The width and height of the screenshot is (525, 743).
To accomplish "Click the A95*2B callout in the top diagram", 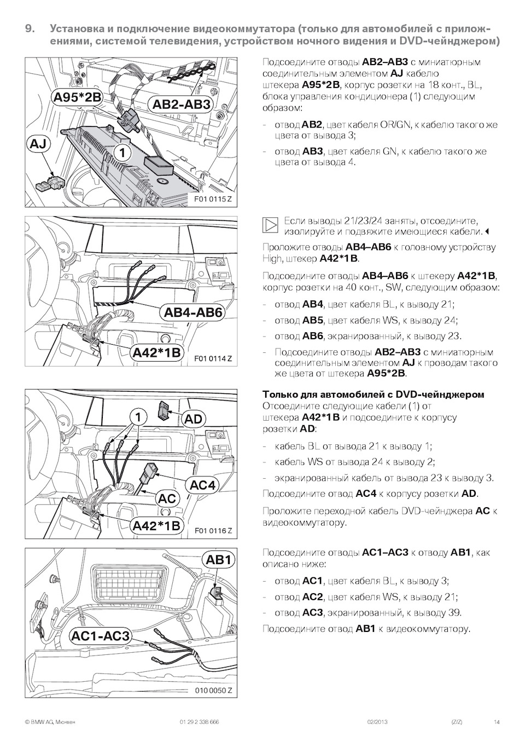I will pyautogui.click(x=77, y=97).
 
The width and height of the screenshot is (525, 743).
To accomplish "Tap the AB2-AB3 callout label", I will pyautogui.click(x=182, y=105).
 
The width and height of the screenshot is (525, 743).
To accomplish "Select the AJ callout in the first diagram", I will pyautogui.click(x=38, y=144).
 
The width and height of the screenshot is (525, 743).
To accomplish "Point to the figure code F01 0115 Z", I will pyautogui.click(x=213, y=199).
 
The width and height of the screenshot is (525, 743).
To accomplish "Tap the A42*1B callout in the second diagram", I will pyautogui.click(x=157, y=353).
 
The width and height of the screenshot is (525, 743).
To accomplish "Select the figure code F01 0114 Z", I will pyautogui.click(x=213, y=358).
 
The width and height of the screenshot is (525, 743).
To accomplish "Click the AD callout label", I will pyautogui.click(x=193, y=419).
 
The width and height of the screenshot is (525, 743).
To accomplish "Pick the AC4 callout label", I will pyautogui.click(x=202, y=485).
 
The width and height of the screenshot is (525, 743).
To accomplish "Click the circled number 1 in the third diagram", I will pyautogui.click(x=138, y=417).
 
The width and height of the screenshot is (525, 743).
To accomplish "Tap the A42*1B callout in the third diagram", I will pyautogui.click(x=156, y=526).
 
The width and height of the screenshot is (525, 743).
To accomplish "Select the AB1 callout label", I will pyautogui.click(x=219, y=560).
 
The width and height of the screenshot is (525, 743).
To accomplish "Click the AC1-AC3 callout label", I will pyautogui.click(x=101, y=636).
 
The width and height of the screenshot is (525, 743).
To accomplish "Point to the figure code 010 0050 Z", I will pyautogui.click(x=213, y=690).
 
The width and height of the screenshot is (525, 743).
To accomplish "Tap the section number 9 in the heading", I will pyautogui.click(x=31, y=28).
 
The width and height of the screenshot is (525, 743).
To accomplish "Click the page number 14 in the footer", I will pyautogui.click(x=497, y=722).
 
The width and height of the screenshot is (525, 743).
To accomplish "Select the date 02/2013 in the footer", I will pyautogui.click(x=377, y=722).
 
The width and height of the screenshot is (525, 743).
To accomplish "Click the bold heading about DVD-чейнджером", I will pyautogui.click(x=373, y=394).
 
